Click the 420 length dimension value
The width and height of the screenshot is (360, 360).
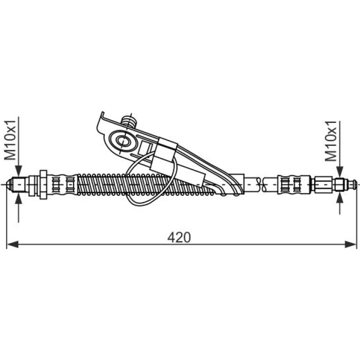point(179,238)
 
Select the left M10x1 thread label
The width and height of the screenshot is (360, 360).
point(10,140)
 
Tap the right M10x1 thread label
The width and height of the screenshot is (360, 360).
point(331,141)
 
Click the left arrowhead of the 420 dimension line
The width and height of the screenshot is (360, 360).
point(13,245)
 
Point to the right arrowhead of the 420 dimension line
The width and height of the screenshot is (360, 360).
point(351,245)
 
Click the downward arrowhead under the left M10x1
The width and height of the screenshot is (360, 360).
point(19,171)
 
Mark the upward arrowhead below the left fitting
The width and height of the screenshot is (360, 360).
point(19,198)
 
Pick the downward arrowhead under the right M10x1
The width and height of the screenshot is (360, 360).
point(339,172)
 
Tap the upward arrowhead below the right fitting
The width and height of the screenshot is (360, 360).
point(339,197)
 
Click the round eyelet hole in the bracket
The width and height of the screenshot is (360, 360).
point(123,141)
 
